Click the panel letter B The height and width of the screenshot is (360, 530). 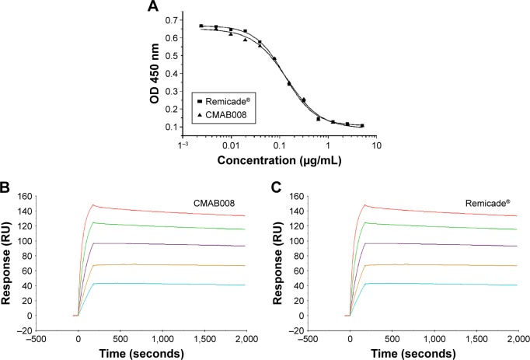click(x=7, y=187)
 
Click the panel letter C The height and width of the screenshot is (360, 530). click(x=278, y=187)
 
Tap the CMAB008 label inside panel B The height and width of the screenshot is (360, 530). click(x=215, y=203)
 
